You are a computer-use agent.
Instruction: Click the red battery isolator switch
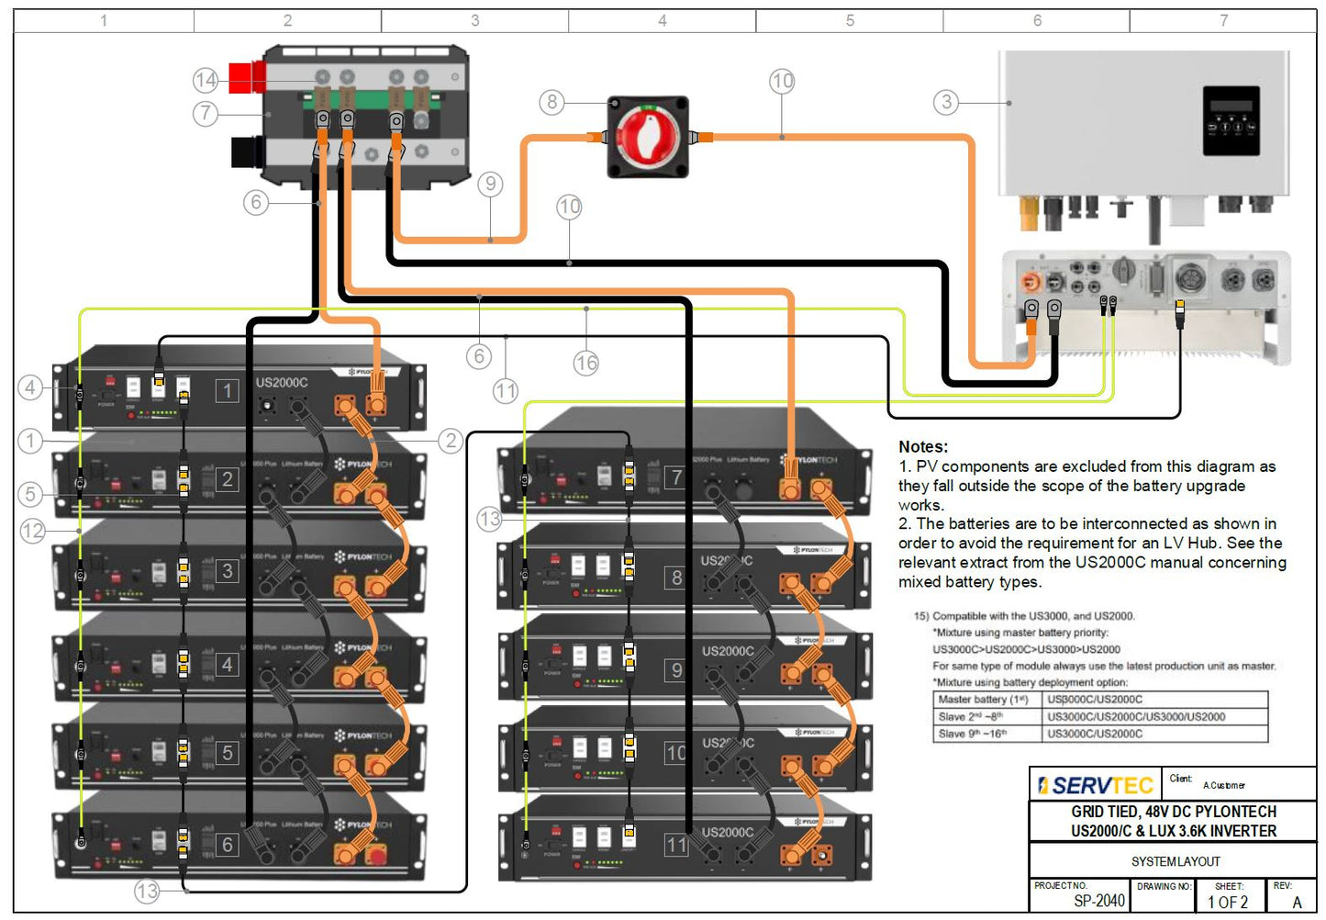648,137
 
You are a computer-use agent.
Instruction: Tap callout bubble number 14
206,81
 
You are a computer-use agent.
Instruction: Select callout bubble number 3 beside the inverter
946,102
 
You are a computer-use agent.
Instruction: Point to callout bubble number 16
585,363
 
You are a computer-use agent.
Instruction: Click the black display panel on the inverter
1231,120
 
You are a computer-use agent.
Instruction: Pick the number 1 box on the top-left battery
228,391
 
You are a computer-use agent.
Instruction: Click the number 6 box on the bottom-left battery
228,845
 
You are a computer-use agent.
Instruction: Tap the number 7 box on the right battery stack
676,477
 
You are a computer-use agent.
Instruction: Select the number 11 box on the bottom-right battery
676,845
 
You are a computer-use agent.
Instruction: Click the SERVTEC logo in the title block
1095,786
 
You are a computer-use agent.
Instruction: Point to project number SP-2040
1098,901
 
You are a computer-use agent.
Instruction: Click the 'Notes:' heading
923,447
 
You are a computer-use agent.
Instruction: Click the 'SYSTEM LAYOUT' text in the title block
1176,861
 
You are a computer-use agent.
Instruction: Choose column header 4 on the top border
662,20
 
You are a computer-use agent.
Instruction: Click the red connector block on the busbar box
245,78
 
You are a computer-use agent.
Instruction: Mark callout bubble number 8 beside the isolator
552,102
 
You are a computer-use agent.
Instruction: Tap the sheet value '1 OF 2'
1228,902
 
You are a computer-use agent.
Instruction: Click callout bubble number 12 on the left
33,531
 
